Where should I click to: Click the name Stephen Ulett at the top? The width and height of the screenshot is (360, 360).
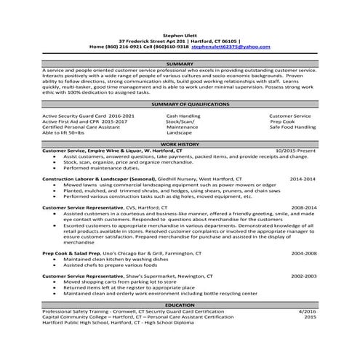point(180,34)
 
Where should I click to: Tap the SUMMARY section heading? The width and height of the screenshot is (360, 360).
point(180,63)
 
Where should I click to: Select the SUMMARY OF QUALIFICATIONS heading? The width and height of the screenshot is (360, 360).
point(180,105)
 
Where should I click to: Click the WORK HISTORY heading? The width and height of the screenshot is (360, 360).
point(180,145)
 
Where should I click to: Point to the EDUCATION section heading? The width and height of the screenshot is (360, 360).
point(180,305)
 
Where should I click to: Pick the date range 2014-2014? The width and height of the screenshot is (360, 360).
point(302,177)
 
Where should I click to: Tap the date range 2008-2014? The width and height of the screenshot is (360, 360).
point(302,207)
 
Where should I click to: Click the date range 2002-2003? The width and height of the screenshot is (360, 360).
point(302,276)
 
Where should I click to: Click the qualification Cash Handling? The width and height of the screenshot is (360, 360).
point(183,115)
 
